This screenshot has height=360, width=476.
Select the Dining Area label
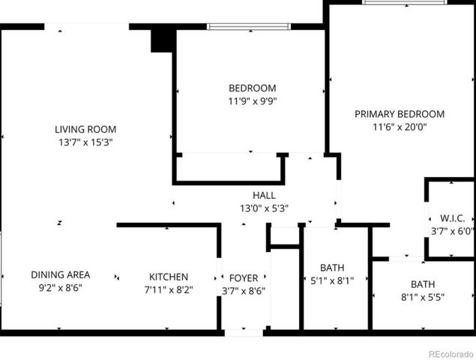tap(61, 274)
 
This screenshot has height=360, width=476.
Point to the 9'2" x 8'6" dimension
tap(61, 287)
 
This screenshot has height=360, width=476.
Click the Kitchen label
tap(168, 277)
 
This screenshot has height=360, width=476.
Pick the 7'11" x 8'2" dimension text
tap(168, 289)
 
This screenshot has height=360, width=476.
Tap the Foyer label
tap(244, 277)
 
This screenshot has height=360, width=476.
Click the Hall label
tap(264, 195)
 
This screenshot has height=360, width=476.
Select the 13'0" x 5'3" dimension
tap(264, 208)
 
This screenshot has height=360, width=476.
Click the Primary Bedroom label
tap(400, 114)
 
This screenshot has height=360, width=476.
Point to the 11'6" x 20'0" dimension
tap(400, 127)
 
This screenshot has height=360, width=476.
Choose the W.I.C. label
tap(451, 217)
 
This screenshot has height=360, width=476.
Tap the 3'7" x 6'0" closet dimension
tap(453, 231)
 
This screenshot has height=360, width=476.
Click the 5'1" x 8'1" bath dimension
tap(331, 280)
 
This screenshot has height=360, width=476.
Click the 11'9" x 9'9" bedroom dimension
tap(252, 100)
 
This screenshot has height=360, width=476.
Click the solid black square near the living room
tap(162, 39)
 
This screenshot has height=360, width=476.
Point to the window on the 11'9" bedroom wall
tap(249, 27)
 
